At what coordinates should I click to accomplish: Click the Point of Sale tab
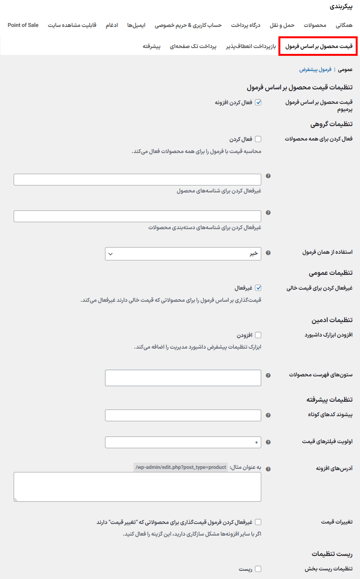coord(23,25)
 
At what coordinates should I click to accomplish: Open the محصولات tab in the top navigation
coord(315,25)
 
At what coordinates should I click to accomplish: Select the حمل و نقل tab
coord(282,25)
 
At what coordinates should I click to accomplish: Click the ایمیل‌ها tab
coord(136,25)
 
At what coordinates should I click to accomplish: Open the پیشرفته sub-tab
coord(151,46)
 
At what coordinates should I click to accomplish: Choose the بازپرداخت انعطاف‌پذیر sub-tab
coord(251,46)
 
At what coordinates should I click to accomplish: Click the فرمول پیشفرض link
coord(315,69)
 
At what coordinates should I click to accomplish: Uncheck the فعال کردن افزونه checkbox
coord(258,102)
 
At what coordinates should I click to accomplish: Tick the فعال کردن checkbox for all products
coord(258,139)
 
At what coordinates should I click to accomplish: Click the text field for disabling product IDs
coord(137,180)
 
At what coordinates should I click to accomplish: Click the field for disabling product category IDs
coord(137,216)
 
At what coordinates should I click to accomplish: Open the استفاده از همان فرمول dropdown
coord(183,254)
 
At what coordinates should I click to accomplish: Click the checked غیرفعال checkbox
coord(258,288)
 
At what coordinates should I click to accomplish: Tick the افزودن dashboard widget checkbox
coord(258,335)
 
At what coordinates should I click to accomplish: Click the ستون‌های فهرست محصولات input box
coord(183,378)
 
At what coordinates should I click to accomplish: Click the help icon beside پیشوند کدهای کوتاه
coord(268,415)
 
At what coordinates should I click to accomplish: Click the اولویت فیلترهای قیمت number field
coord(183,442)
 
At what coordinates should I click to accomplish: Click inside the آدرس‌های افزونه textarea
coord(137,486)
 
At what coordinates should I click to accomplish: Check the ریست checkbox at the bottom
coord(258,569)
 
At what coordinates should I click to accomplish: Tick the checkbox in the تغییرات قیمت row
coord(258,522)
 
